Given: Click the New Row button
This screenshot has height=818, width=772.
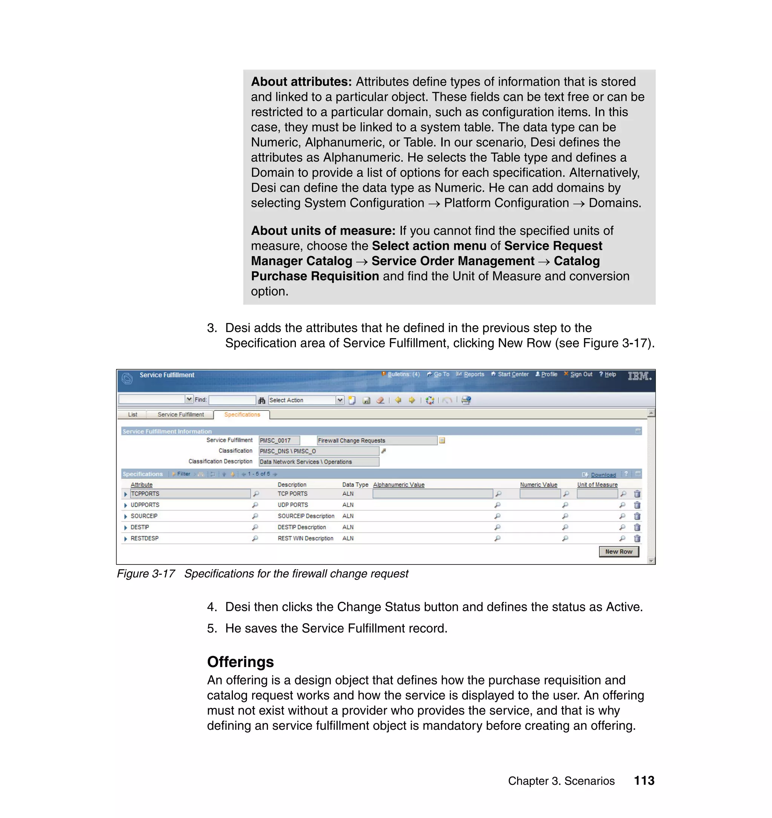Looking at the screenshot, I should coord(619,552).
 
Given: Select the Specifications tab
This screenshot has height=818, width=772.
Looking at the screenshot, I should coord(242,415).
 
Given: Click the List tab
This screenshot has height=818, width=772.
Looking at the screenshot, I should coord(133,415).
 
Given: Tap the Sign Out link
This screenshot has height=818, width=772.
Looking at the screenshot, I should coord(581,374).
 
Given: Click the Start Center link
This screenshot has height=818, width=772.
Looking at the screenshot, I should coord(513,374).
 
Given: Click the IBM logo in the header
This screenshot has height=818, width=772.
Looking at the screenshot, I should coord(639,376).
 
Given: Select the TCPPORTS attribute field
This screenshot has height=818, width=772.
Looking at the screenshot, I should coord(190,494).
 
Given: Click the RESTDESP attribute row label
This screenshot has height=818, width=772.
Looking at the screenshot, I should coord(144,538).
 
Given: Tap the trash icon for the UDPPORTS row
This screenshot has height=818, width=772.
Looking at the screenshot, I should coord(637,505).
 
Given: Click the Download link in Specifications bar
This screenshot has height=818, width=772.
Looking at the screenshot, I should coord(603,475).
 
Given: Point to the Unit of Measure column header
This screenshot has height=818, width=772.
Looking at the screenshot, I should coord(597,485).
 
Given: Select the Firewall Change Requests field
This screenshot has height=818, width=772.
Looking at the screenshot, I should coord(377,441).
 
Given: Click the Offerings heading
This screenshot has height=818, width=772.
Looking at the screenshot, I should coord(240,662).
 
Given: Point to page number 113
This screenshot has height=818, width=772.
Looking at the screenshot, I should coord(644,781).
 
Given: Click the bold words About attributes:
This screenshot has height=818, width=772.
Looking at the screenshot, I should coord(301,81).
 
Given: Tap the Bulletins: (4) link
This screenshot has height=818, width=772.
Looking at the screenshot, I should coord(403,374).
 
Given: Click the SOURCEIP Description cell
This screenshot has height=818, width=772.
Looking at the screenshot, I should coord(306,516).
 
